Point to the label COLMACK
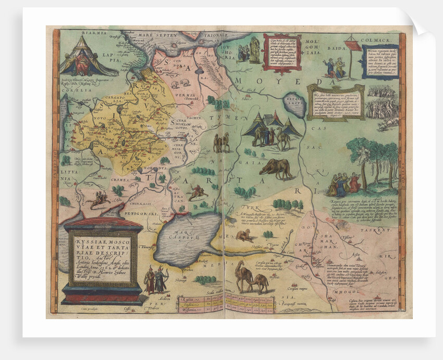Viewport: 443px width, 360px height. coord(378,37)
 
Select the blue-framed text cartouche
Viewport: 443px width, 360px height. coord(380,62)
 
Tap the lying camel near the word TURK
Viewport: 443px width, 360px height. coord(243,235)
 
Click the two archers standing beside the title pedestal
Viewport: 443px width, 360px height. coord(156,279)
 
